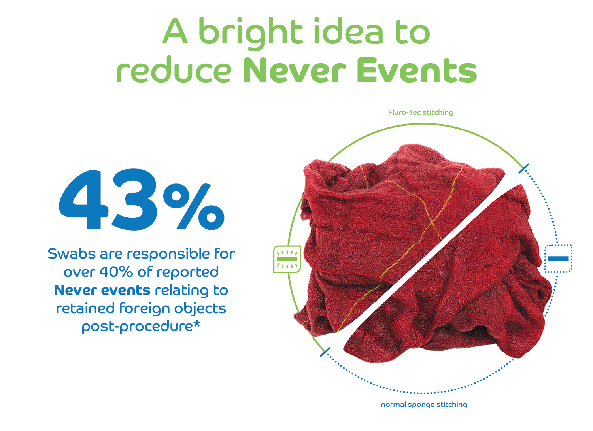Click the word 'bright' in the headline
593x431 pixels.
[x=250, y=34]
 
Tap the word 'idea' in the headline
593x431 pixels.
[x=348, y=31]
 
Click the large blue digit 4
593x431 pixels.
[x=84, y=199]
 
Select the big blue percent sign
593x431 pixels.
[x=194, y=206]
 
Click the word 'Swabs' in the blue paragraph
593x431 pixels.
[x=72, y=253]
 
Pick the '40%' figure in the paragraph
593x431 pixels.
[x=116, y=272]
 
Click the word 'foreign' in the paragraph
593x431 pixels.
[x=144, y=308]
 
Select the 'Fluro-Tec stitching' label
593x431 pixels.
[x=421, y=113]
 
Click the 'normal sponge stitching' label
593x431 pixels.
[x=424, y=405]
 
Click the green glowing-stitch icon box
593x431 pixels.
[x=287, y=259]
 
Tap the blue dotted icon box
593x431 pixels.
[x=558, y=259]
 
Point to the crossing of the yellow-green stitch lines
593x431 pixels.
[x=432, y=221]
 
